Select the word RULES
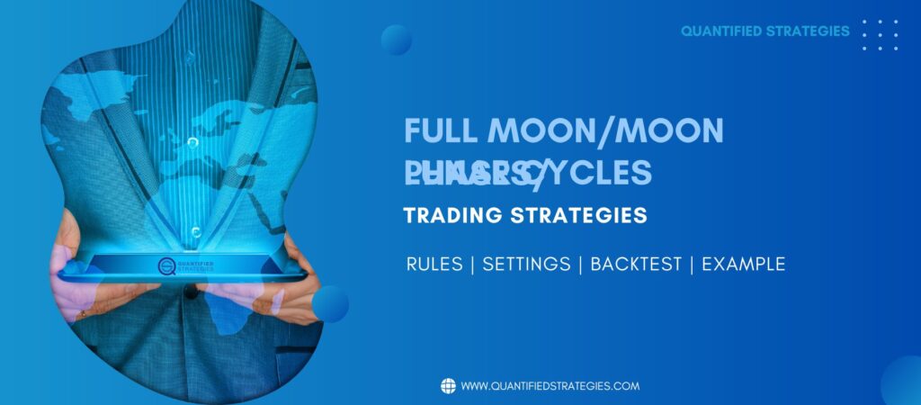click(x=435, y=265)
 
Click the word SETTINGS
click(x=526, y=265)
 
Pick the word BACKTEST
click(x=635, y=265)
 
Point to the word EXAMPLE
click(x=744, y=265)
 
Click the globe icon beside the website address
click(x=448, y=386)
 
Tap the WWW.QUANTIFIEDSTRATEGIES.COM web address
click(x=550, y=386)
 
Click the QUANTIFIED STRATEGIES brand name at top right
click(x=765, y=31)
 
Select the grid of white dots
click(x=880, y=34)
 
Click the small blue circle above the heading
click(x=396, y=40)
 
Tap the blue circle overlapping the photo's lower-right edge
click(x=331, y=303)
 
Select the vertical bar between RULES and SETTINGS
click(x=474, y=265)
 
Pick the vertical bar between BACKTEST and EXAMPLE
click(x=692, y=265)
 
